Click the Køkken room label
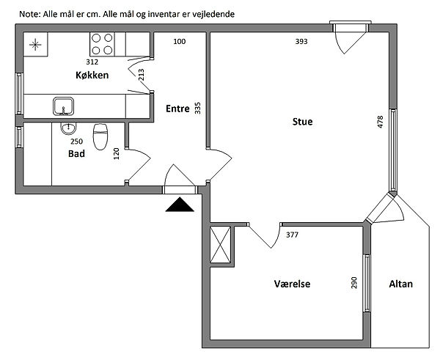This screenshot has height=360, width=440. coord(92,76)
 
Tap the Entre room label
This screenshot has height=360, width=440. coord(177,109)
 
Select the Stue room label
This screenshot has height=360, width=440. coord(302,122)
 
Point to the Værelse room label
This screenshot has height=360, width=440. coord(292,284)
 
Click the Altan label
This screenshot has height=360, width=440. coord(400,284)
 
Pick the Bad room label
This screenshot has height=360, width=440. coord(76,153)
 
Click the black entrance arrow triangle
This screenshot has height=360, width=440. coord(180,205)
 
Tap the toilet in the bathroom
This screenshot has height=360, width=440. coord(100,136)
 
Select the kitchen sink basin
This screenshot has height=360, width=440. coord(63,106)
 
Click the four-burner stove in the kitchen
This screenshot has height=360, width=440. coord(102,44)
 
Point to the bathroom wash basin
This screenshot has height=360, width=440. coord(68,128)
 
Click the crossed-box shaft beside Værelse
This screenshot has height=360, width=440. coord(220,245)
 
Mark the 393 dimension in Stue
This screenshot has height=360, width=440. coord(301,42)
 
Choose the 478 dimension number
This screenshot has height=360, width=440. coord(380,122)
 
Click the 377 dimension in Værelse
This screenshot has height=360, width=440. coord(292,235)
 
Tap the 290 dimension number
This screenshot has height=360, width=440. coord(354,282)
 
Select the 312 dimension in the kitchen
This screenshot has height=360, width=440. coord(92,62)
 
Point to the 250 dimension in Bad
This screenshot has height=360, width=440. coord(76,142)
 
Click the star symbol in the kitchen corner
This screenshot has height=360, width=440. coord(35,44)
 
